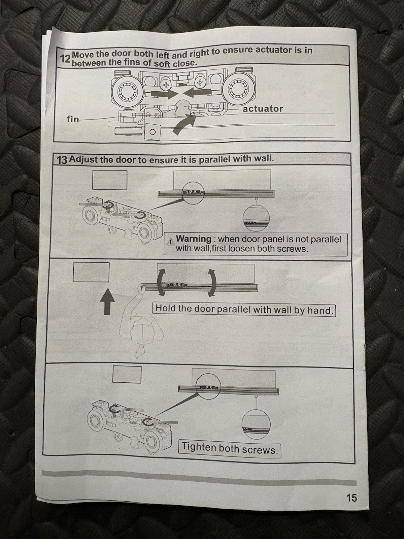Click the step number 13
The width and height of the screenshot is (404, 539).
pyautogui.click(x=62, y=160)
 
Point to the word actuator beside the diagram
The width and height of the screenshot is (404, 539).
pyautogui.click(x=263, y=109)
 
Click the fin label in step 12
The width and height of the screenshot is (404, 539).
pyautogui.click(x=73, y=119)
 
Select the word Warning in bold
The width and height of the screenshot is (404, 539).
pyautogui.click(x=194, y=239)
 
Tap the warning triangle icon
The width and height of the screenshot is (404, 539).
pyautogui.click(x=170, y=242)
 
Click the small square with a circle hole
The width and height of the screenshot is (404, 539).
pyautogui.click(x=152, y=132)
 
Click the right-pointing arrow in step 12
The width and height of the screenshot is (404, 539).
pyautogui.click(x=164, y=93)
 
